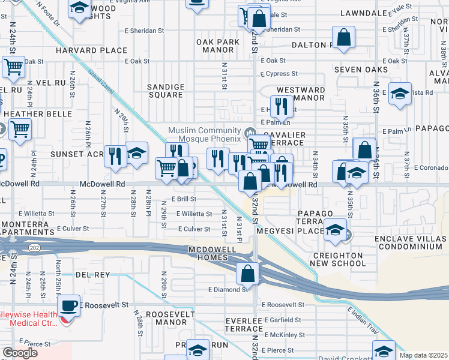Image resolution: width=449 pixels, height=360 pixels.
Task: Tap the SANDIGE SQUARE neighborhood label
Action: [x=165, y=91]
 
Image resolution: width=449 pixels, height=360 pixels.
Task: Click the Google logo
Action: [x=20, y=352]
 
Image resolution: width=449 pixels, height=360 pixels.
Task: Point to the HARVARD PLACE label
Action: [x=92, y=51]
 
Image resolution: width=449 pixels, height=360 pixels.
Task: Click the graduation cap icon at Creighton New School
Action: [x=335, y=230]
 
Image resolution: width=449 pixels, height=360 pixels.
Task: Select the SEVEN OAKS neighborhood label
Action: [x=361, y=70]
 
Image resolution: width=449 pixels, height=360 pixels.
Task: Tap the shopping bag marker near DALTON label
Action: [x=344, y=37]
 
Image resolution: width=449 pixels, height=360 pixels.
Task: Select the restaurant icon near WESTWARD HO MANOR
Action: [x=280, y=106]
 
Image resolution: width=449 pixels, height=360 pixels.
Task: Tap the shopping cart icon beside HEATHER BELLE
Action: [x=20, y=128]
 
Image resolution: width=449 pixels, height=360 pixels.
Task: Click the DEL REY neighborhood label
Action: [x=92, y=275]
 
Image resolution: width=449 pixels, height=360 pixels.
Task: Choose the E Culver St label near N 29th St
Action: [x=193, y=229]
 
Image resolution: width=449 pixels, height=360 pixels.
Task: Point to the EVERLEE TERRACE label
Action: [x=244, y=325]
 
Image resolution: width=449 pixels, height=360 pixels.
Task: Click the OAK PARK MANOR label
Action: [x=218, y=46]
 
